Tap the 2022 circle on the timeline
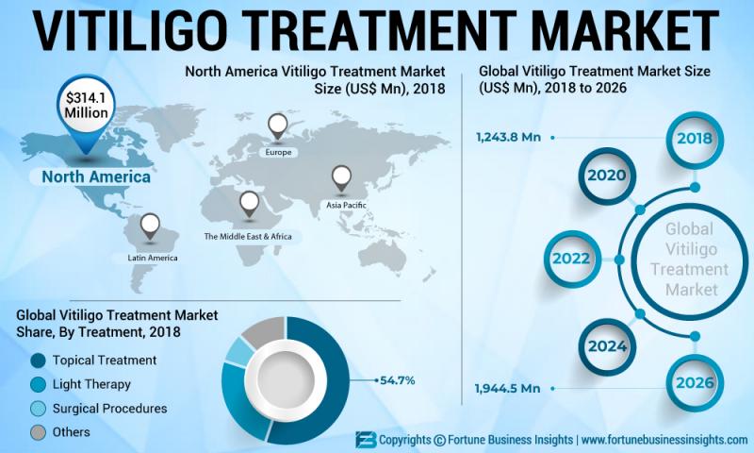(x=571, y=257)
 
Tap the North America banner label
(x=90, y=176)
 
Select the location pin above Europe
(x=278, y=125)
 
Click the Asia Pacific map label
(x=347, y=203)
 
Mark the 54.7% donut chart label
(x=398, y=380)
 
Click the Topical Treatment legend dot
(x=38, y=361)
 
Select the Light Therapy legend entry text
(x=91, y=384)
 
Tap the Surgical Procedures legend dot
(x=38, y=409)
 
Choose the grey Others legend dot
(x=38, y=432)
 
